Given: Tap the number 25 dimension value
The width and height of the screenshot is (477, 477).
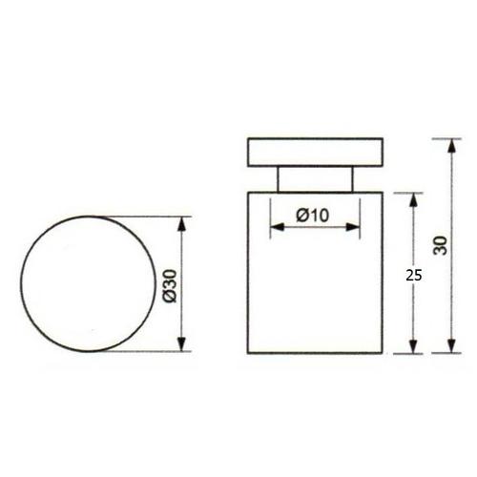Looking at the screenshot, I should (x=413, y=274).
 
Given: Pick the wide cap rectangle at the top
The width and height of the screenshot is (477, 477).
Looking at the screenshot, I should (x=315, y=153).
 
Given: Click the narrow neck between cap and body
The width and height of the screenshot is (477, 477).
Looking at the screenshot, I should (x=315, y=178).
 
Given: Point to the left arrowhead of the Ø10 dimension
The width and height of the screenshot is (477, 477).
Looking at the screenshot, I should (x=274, y=227).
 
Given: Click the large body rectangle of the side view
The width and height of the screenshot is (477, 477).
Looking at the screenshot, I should (x=315, y=286).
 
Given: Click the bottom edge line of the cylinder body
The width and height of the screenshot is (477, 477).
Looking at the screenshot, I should (x=315, y=352).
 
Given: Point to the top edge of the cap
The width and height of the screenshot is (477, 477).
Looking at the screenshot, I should (x=315, y=139).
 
